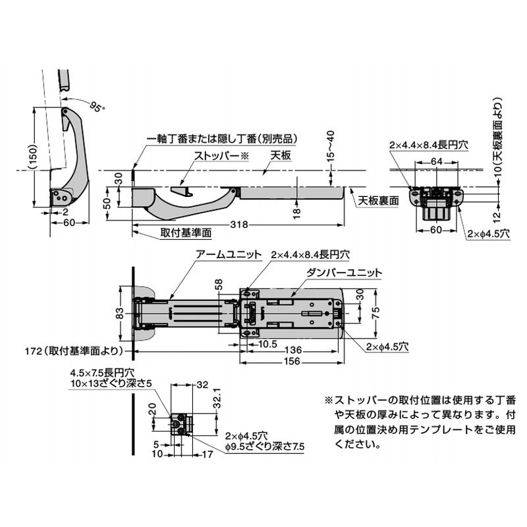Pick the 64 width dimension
coord(436,161)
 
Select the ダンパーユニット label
coord(335,271)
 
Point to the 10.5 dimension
coord(267,343)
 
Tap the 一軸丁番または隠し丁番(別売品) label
coord(219,139)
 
